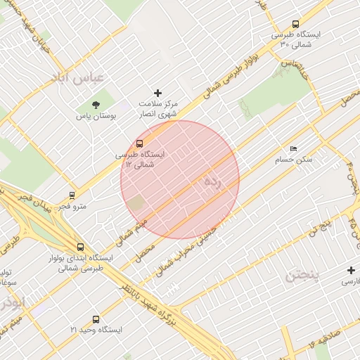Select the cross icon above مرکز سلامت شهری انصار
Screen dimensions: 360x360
tap(157, 93)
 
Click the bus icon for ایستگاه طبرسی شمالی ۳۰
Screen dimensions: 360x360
tap(295, 23)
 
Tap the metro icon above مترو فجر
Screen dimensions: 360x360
tap(72, 195)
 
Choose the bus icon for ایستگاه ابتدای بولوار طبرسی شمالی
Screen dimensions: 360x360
tap(80, 247)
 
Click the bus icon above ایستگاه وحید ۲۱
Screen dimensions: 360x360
tap(96, 319)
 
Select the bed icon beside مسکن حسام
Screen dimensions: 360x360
tap(293, 148)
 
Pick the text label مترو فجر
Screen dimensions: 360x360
tap(71, 206)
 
